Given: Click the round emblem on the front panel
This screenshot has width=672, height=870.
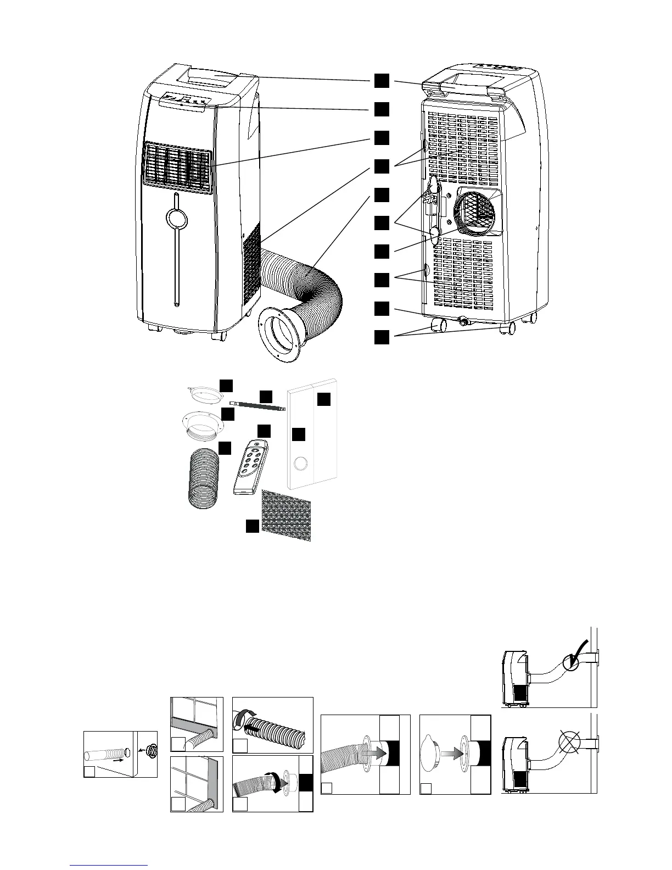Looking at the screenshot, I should coord(176,218).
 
